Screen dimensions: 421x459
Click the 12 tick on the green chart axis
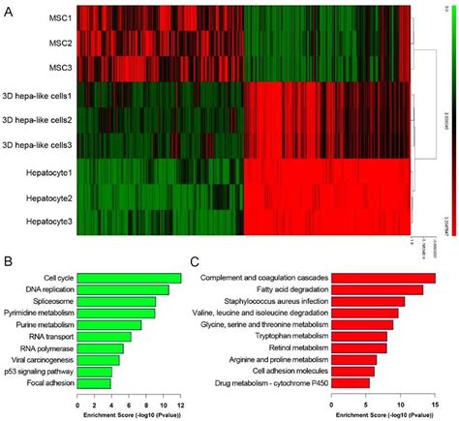coord(181,399)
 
